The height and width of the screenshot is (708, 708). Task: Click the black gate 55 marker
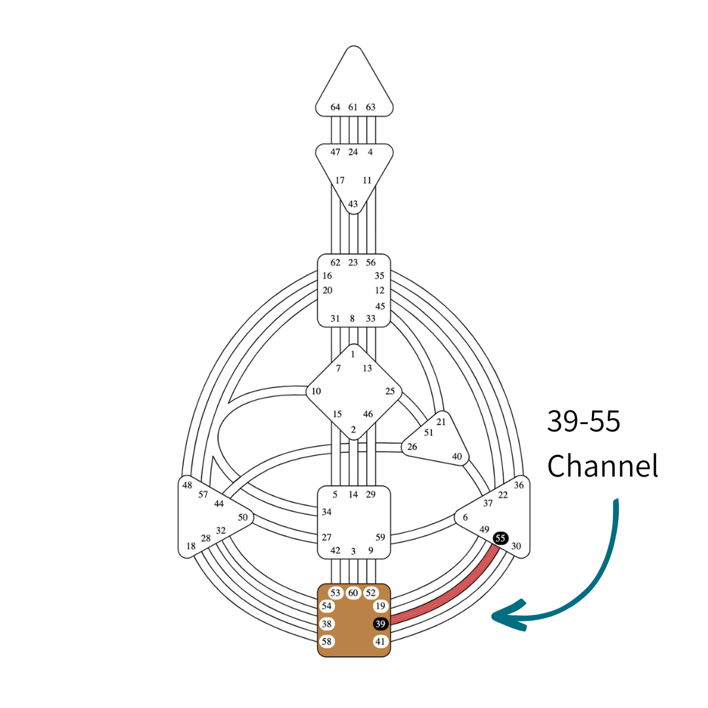[x=501, y=538]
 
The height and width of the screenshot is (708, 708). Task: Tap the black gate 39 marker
[x=380, y=623]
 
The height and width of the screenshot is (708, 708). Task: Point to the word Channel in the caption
[x=602, y=466]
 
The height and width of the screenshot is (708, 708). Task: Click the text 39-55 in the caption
[x=583, y=422]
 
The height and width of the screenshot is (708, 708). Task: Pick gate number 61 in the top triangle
[x=353, y=107]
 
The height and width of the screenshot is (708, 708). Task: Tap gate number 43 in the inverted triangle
[x=353, y=205]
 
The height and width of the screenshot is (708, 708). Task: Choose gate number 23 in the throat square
[x=353, y=262]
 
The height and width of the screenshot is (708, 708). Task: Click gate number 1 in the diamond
[x=353, y=354]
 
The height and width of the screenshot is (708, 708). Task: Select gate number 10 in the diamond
[x=316, y=391]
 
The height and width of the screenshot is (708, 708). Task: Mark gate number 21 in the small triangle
[x=441, y=422]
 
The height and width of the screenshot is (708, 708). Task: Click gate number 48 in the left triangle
[x=187, y=485]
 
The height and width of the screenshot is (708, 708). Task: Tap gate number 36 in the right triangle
[x=519, y=485]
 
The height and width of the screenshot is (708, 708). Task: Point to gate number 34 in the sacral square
[x=326, y=511]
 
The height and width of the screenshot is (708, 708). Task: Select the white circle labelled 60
[x=353, y=593]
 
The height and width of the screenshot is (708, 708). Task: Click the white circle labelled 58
[x=326, y=641]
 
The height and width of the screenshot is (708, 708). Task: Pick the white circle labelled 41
[x=380, y=641]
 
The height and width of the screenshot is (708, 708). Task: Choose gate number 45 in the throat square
[x=380, y=306]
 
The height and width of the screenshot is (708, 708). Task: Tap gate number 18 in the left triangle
[x=191, y=546]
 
